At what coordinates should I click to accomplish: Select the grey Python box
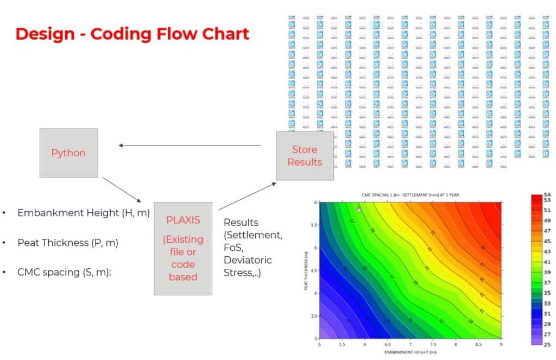68,153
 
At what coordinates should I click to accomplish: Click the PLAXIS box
183,248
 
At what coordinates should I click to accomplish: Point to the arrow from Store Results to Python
189,145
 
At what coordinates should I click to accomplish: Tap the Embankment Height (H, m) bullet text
83,213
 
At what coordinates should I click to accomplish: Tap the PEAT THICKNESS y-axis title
307,269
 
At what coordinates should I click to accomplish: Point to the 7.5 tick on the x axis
433,344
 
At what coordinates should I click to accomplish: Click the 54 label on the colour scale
547,194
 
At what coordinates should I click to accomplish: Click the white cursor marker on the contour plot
359,209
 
